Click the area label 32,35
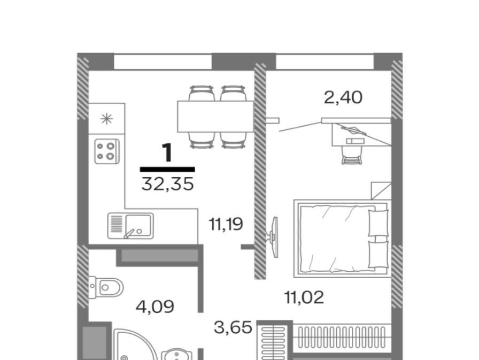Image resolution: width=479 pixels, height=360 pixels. pyautogui.click(x=167, y=184)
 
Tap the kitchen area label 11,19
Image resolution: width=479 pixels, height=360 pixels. pyautogui.click(x=226, y=224)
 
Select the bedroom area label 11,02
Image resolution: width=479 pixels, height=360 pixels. pyautogui.click(x=304, y=297)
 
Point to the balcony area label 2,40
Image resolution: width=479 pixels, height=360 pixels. pyautogui.click(x=343, y=98)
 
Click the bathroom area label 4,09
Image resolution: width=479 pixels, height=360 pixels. pyautogui.click(x=155, y=307)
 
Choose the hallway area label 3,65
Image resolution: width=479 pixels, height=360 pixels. pyautogui.click(x=233, y=327)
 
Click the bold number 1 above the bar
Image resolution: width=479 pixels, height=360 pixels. pyautogui.click(x=167, y=153)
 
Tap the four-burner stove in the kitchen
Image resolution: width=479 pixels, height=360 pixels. pyautogui.click(x=106, y=151)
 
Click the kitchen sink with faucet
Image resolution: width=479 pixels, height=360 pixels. pyautogui.click(x=130, y=226)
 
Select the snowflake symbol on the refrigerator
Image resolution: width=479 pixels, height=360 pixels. pyautogui.click(x=106, y=119)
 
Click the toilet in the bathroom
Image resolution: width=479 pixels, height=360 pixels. pyautogui.click(x=106, y=287)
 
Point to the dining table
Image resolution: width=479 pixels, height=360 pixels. pyautogui.click(x=215, y=117)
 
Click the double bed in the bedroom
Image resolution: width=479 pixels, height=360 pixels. pyautogui.click(x=343, y=239)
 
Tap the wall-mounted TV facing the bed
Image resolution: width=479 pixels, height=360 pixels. pyautogui.click(x=274, y=237)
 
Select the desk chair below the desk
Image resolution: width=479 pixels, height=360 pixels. pyautogui.click(x=351, y=156)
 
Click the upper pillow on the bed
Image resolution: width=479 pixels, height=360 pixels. pyautogui.click(x=378, y=223)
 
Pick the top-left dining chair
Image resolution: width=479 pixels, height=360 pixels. pyautogui.click(x=202, y=93)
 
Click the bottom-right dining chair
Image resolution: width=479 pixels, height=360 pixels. pyautogui.click(x=233, y=140)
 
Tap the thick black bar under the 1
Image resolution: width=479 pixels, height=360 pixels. pyautogui.click(x=167, y=170)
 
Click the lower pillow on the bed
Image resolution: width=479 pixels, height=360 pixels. pyautogui.click(x=378, y=255)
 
